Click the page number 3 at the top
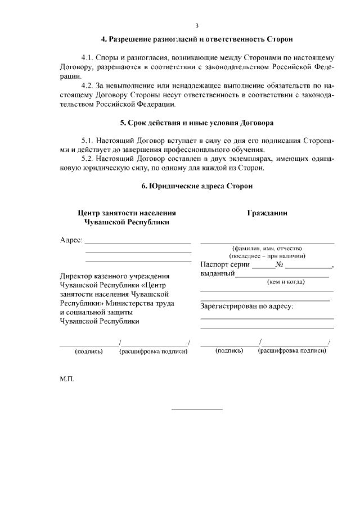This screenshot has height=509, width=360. (x=196, y=26)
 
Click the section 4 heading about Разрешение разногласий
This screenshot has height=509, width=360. (x=197, y=40)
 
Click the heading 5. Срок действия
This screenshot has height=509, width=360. (x=197, y=122)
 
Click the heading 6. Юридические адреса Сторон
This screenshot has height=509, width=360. (x=197, y=186)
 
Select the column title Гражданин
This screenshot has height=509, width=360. (x=267, y=213)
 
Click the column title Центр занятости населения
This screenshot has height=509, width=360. (x=127, y=213)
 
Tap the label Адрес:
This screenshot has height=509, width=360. (x=71, y=240)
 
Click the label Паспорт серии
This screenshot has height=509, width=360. (x=224, y=265)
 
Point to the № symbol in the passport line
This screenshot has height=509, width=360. (x=279, y=265)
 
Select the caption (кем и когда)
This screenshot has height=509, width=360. (x=285, y=282)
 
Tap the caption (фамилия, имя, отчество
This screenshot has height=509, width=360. (x=267, y=248)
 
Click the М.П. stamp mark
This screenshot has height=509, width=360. (x=66, y=379)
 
